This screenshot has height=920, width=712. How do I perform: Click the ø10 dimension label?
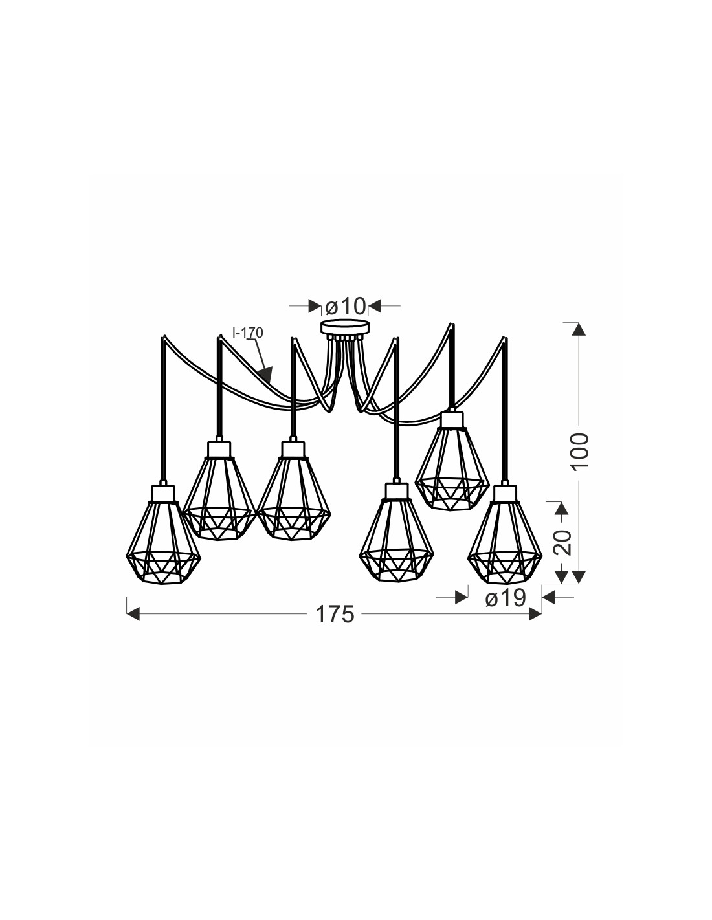[345, 305]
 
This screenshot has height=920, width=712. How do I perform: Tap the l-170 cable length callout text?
[248, 333]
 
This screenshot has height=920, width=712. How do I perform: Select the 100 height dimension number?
[580, 450]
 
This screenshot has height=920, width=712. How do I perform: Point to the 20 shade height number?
[562, 542]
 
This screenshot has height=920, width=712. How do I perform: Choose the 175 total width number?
[335, 615]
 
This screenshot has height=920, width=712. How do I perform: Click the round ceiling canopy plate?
[345, 328]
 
